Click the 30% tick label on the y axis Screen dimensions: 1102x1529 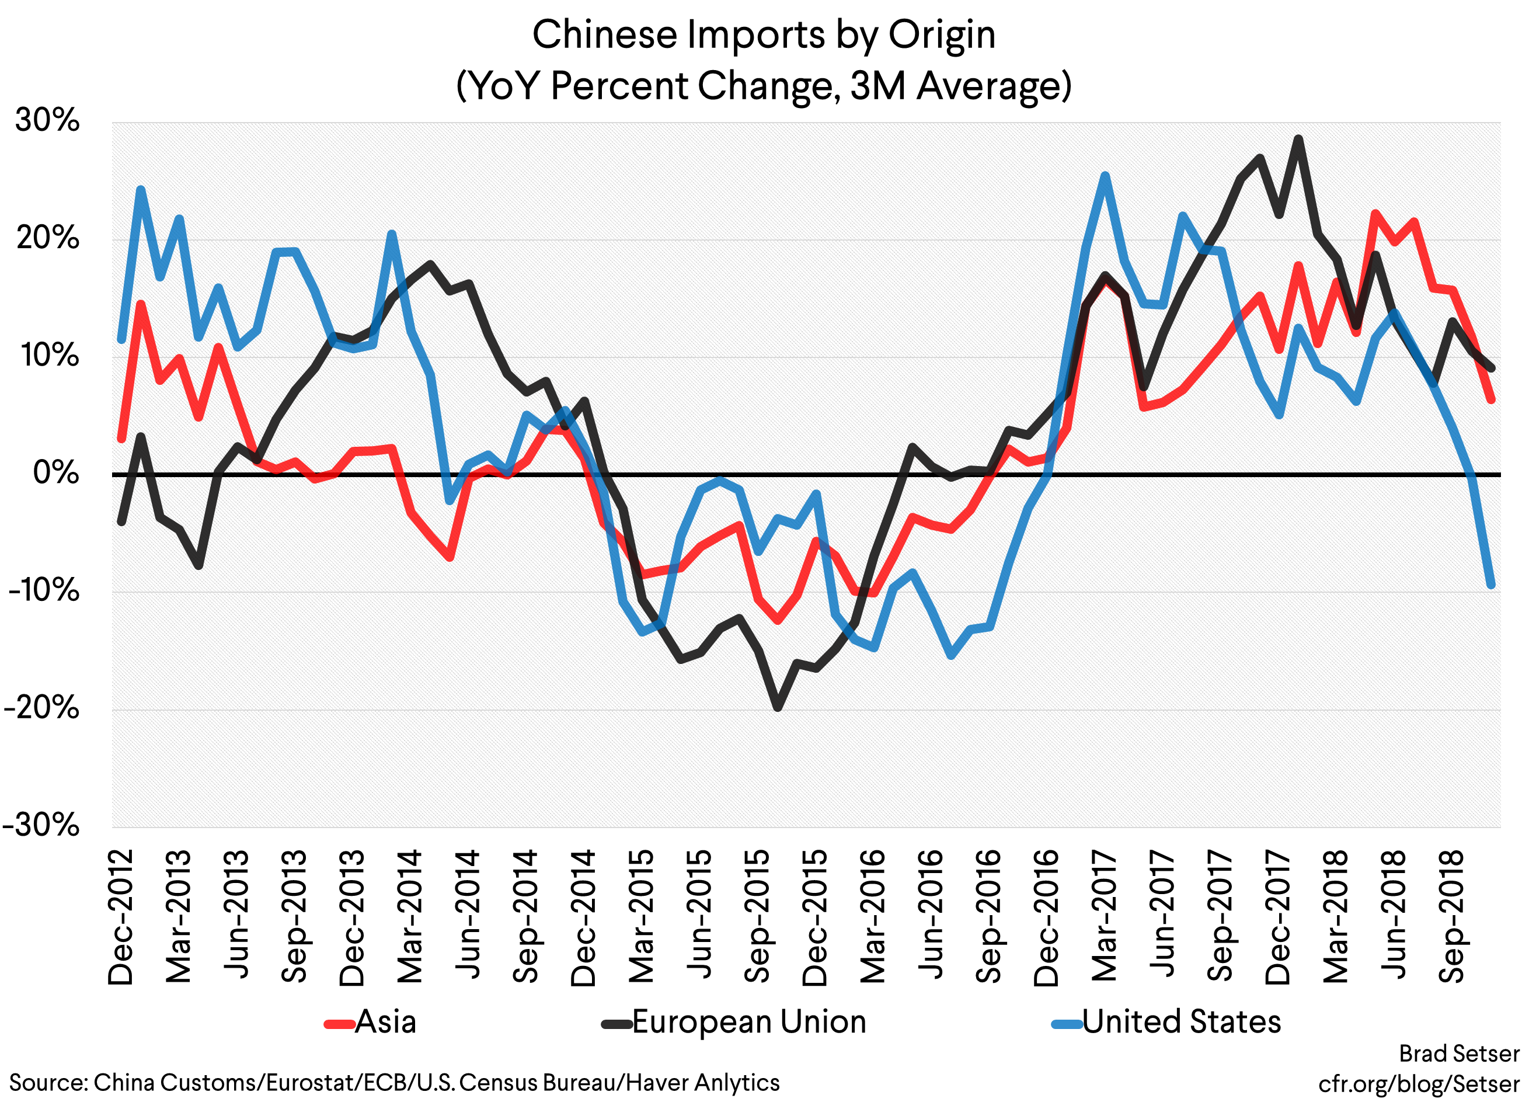tap(47, 121)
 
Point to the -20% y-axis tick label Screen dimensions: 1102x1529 tap(42, 708)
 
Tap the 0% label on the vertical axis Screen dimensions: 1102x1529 tap(56, 473)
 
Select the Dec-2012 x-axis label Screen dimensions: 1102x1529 tap(121, 917)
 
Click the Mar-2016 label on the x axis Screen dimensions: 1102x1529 tap(873, 917)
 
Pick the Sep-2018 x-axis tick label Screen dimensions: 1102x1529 tap(1451, 917)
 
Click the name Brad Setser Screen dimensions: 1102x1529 tap(1458, 1054)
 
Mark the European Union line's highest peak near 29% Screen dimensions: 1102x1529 tap(1298, 139)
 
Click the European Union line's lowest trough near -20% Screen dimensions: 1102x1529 tap(777, 707)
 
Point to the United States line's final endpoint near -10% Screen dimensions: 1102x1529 tap(1490, 585)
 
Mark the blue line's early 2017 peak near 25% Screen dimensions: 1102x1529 tap(1106, 176)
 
